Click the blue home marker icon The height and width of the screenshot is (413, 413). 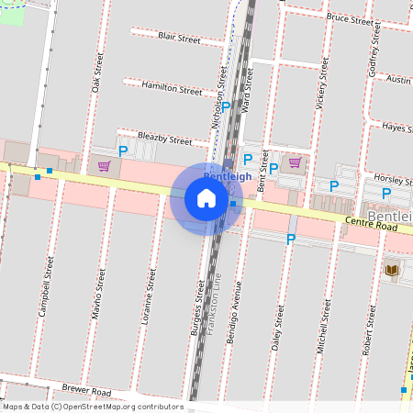(206, 198)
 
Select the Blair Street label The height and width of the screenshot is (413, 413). (179, 39)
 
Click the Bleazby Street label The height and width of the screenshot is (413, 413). (164, 140)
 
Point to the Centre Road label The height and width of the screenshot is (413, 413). (372, 223)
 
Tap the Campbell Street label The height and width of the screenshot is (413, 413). (45, 287)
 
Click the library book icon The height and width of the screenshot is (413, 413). (392, 269)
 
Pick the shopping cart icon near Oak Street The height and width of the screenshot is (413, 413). (104, 166)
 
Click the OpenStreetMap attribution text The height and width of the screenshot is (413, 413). (92, 407)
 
